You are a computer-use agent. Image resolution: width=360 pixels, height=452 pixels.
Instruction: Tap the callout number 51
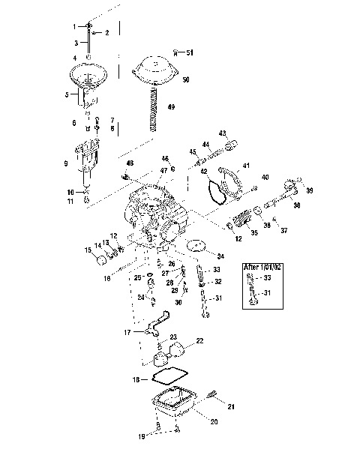(190, 53)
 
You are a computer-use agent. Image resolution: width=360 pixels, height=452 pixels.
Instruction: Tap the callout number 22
(199, 340)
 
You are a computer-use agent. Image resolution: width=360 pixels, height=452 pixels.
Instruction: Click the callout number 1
(74, 26)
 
